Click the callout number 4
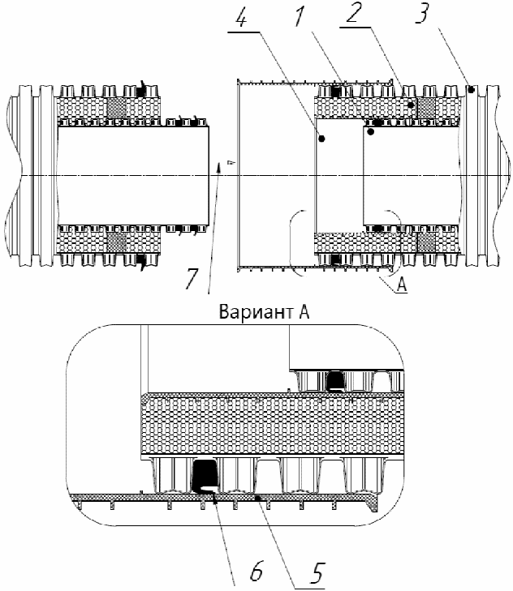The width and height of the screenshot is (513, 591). (241, 17)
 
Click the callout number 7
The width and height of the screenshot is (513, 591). (192, 278)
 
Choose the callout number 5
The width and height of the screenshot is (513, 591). (317, 573)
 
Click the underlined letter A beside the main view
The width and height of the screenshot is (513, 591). (402, 285)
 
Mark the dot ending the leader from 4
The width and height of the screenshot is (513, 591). (321, 139)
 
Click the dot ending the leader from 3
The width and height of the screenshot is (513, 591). (471, 90)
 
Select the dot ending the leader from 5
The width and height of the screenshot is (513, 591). (257, 499)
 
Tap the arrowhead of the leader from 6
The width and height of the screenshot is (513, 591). (215, 499)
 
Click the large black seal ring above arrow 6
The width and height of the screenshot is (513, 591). (205, 476)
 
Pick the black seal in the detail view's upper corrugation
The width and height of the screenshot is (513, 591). (335, 381)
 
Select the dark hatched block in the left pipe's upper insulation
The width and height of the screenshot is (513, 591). (117, 108)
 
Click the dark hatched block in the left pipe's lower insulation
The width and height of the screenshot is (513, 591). (117, 242)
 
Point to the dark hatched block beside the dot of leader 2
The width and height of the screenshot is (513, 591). (426, 108)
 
